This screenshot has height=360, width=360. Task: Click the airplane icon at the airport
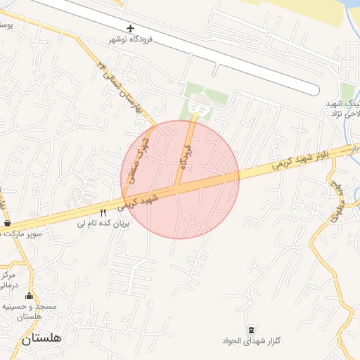[130, 28]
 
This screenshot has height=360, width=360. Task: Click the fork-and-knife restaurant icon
[103, 212]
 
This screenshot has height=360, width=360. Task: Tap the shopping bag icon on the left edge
[7, 223]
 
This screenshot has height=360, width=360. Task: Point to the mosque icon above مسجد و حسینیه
[29, 296]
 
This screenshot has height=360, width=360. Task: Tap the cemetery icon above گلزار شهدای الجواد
[251, 330]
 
